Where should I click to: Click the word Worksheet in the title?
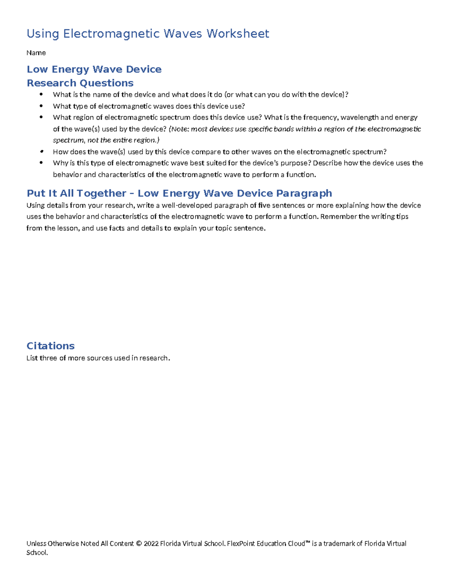click(x=238, y=34)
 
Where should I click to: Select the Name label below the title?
click(x=36, y=53)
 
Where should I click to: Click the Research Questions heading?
click(x=80, y=83)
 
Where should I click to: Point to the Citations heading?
click(x=50, y=346)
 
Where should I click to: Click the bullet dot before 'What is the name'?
click(x=41, y=94)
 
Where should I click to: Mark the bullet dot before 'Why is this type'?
click(x=41, y=163)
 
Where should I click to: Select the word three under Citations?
click(x=48, y=358)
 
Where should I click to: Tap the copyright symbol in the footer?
click(x=139, y=544)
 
